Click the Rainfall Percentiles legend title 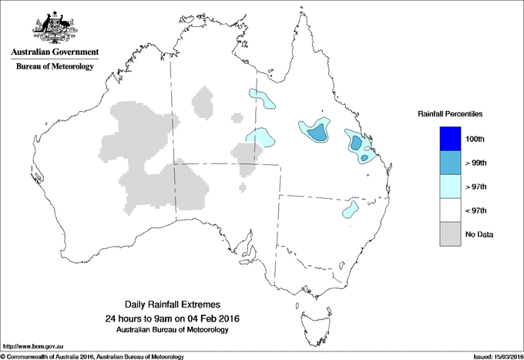click(x=450, y=114)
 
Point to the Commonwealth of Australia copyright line click(x=92, y=356)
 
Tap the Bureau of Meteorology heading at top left click(x=55, y=67)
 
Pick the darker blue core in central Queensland click(x=316, y=133)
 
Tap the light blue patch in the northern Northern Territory click(x=263, y=97)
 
